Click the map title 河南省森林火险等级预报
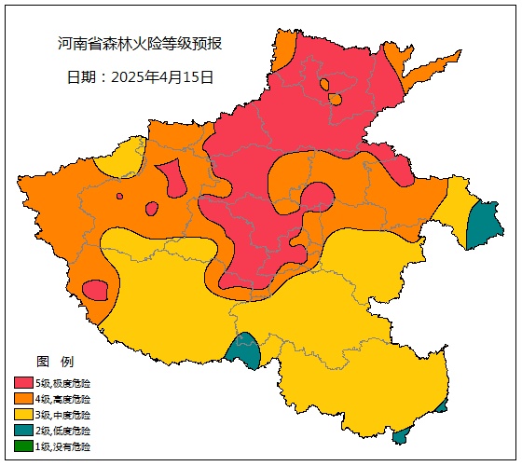(140, 44)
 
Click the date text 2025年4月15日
(140, 77)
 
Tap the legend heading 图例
(54, 361)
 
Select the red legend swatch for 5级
(23, 382)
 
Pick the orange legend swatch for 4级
(23, 398)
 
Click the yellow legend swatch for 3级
(23, 414)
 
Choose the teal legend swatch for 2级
(23, 431)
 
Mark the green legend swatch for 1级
(23, 446)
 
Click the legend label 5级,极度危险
(63, 382)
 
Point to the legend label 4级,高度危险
(63, 398)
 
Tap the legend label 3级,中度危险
(63, 414)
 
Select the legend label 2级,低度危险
(63, 431)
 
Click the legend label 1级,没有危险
(63, 446)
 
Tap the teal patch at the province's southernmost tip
(402, 435)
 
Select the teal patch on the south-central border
(244, 350)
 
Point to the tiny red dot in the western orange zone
(119, 196)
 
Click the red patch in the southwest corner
(95, 290)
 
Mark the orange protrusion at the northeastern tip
(429, 65)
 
